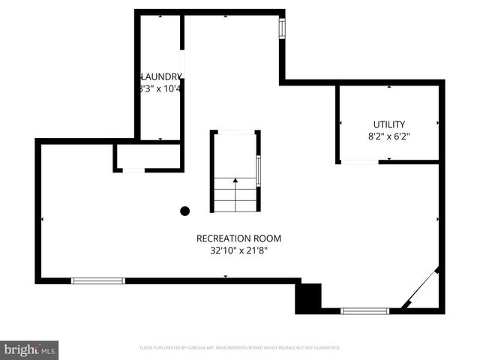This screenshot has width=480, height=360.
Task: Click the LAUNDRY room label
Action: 160,76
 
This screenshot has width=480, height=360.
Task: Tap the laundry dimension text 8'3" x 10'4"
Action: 160,88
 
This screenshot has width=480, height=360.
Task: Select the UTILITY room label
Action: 389,124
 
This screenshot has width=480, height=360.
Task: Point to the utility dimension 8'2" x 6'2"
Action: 389,136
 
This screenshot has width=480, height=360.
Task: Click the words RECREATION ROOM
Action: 238,238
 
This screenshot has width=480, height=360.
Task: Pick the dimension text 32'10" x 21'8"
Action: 238,251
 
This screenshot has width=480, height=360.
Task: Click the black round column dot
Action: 184,211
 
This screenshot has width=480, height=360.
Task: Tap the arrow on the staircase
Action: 235,181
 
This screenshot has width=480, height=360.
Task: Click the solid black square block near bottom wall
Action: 307,297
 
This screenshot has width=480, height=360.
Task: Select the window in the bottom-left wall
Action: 98,280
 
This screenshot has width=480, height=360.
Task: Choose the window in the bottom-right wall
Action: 365,310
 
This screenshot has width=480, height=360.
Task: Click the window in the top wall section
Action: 283,28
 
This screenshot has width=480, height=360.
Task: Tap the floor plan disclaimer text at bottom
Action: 240,348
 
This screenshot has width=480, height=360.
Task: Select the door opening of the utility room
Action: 358,162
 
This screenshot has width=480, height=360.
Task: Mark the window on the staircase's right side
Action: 259,170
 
